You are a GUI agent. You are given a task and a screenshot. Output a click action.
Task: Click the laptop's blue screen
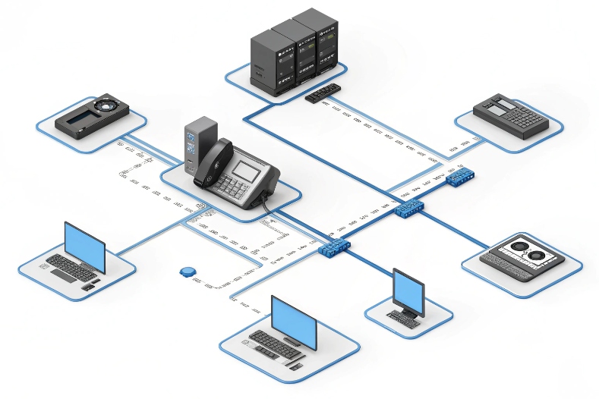84,245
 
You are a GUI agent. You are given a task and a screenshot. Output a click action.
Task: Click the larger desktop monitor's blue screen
293,319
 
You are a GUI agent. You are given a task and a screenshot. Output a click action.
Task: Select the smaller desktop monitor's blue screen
408,289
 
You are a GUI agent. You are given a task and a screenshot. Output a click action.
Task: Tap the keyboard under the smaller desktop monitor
402,319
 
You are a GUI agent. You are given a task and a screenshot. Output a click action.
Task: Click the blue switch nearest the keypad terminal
460,178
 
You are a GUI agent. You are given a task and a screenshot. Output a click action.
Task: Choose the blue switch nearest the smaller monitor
334,247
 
